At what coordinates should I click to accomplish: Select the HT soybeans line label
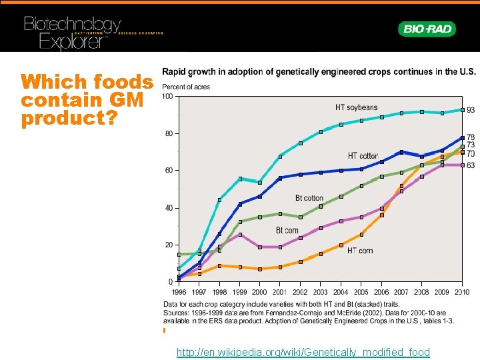tap(356, 107)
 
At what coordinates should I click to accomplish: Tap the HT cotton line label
tap(363, 156)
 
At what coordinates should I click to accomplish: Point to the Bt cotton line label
tap(309, 198)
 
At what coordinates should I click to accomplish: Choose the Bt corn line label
tap(287, 231)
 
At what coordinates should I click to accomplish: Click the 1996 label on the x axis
tap(179, 292)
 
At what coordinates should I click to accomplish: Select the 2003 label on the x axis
tap(321, 292)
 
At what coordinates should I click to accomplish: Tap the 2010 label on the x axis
tap(462, 292)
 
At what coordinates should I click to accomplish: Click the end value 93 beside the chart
tap(471, 110)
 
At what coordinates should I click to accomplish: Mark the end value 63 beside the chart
tap(471, 165)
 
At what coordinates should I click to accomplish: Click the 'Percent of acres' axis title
tap(186, 87)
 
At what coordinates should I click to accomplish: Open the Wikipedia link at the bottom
tap(303, 352)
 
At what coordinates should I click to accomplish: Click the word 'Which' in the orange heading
tap(51, 83)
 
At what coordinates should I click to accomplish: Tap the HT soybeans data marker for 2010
tap(462, 110)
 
